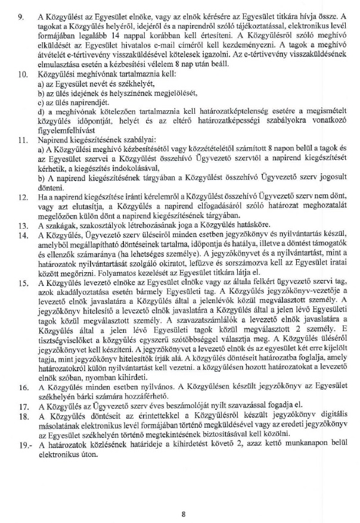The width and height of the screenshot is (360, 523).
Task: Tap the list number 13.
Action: click(x=23, y=242)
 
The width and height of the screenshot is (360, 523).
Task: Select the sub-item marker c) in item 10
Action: click(x=41, y=101)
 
